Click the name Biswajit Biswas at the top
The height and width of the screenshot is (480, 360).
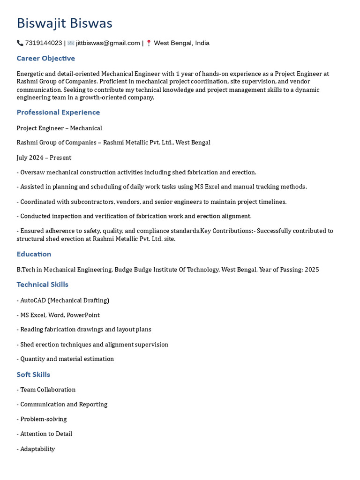click(64, 23)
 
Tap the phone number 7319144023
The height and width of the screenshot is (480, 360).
click(44, 43)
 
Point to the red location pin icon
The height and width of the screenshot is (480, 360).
click(149, 43)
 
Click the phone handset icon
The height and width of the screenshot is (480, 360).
click(20, 43)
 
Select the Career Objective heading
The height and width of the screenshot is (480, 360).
click(45, 59)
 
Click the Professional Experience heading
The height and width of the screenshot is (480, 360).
click(58, 112)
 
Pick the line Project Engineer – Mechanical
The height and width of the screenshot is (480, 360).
click(59, 128)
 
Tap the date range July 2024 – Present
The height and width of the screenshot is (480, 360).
click(44, 157)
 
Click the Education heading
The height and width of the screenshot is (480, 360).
click(34, 254)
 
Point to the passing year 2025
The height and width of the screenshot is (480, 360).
click(312, 270)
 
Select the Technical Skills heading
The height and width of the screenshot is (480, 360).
click(42, 285)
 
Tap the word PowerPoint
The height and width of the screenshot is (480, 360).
click(83, 315)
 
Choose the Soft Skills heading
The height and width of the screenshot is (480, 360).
click(33, 375)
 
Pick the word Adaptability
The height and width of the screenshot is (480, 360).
click(37, 449)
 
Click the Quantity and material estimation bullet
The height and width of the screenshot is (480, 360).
click(65, 359)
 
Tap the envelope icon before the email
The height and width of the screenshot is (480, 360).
click(71, 43)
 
